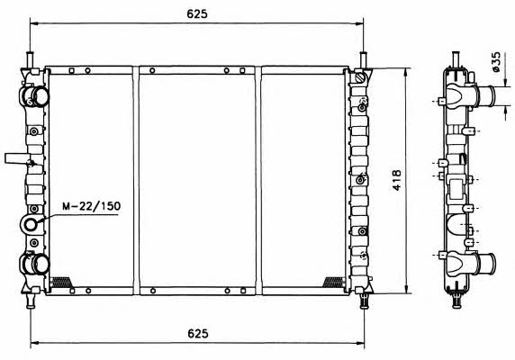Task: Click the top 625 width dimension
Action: tap(197, 13)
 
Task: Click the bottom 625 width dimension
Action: tap(198, 333)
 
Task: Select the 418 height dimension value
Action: tap(397, 180)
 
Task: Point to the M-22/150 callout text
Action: tap(92, 206)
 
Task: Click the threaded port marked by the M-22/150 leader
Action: tap(31, 224)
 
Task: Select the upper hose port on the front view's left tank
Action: tap(36, 96)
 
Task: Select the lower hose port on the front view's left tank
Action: tap(36, 264)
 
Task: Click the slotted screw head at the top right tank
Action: tap(361, 78)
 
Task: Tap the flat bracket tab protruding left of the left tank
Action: tap(17, 158)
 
